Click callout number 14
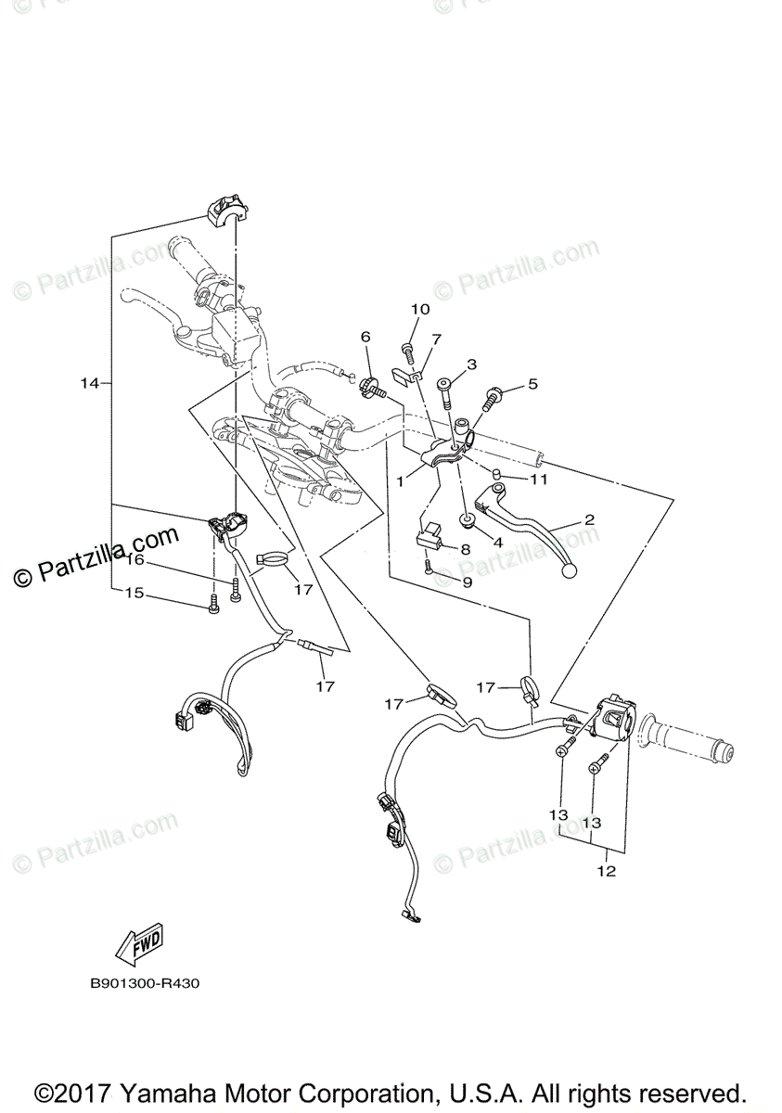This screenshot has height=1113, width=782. click(x=89, y=383)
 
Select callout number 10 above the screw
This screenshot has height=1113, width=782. click(x=420, y=309)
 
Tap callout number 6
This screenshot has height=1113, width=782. click(x=365, y=336)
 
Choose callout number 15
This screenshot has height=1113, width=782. click(x=135, y=593)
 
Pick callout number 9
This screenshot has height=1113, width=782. click(x=467, y=582)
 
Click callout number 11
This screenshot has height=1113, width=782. click(x=539, y=480)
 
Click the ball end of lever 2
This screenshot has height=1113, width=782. click(x=568, y=570)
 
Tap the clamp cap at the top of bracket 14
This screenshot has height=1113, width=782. click(x=224, y=210)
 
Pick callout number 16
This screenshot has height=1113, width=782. click(x=135, y=560)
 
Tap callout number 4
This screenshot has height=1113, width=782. click(x=498, y=542)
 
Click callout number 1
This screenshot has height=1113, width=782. click(x=401, y=482)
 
